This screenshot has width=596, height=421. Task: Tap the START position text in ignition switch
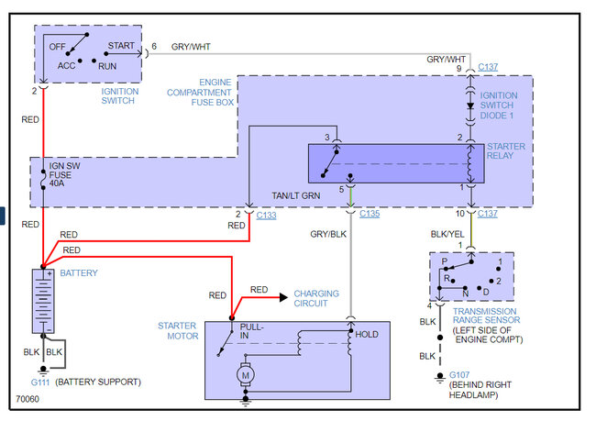coord(122,44)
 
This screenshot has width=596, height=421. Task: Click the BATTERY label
coord(80,272)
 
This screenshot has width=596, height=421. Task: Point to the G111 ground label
coord(41,380)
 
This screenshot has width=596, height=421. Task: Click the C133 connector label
coord(266,214)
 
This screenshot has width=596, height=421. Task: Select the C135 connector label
coord(370,214)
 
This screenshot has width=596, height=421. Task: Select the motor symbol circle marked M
coord(245,373)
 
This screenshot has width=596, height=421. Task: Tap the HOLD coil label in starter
coord(367,335)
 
